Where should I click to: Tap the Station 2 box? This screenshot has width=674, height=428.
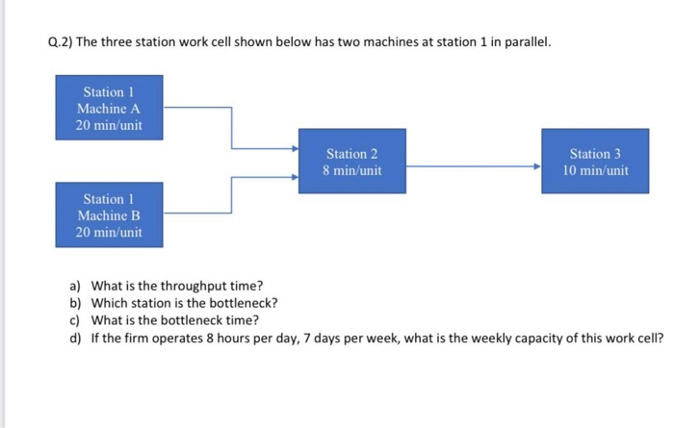pos(351,162)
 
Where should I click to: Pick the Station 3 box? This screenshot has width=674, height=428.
pos(595,162)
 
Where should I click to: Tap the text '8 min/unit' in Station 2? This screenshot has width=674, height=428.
pos(351,171)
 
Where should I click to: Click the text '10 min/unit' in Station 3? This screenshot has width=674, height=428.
pos(595,171)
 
